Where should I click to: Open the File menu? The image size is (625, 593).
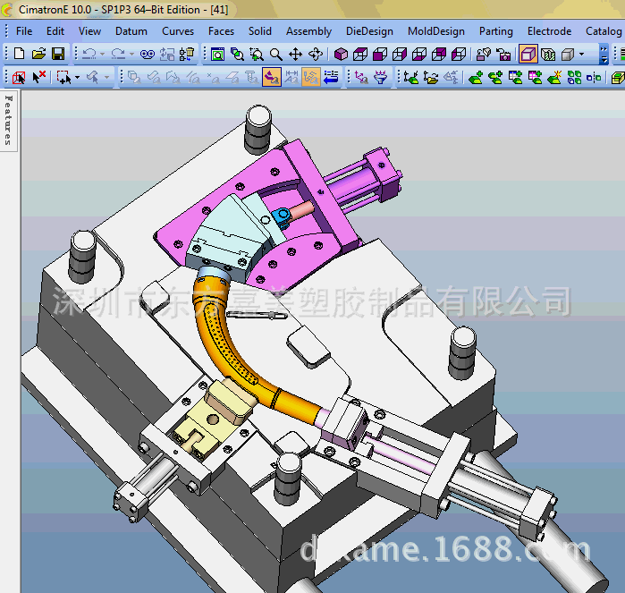pos(24,31)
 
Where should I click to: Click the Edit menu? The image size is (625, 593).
pos(55,31)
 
